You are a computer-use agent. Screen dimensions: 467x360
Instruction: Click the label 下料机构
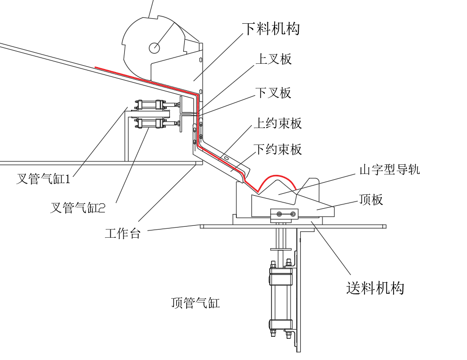(x=271, y=29)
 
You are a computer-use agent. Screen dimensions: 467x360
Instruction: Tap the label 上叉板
(x=274, y=59)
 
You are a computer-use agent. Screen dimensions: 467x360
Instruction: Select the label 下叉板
(x=274, y=93)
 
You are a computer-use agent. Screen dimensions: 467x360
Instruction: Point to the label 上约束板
(x=278, y=123)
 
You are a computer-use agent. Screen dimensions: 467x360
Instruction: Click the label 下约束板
(x=278, y=149)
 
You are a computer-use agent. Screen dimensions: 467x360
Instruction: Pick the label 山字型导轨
(x=390, y=170)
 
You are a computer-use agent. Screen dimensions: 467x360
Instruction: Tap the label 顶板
(x=371, y=199)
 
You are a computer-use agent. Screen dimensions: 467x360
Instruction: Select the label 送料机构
(x=375, y=288)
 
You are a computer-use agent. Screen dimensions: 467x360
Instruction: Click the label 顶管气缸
(x=195, y=303)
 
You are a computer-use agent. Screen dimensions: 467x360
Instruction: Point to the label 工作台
(x=122, y=233)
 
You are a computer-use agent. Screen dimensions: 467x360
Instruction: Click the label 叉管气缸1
(x=44, y=179)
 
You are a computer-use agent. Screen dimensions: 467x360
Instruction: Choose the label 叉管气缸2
(x=78, y=207)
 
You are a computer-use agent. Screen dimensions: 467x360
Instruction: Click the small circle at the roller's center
(x=154, y=48)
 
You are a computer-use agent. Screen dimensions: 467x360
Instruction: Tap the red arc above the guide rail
(x=277, y=176)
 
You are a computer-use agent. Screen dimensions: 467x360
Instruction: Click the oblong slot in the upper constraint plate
(x=226, y=158)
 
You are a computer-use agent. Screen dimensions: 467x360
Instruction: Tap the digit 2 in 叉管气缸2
(x=102, y=208)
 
